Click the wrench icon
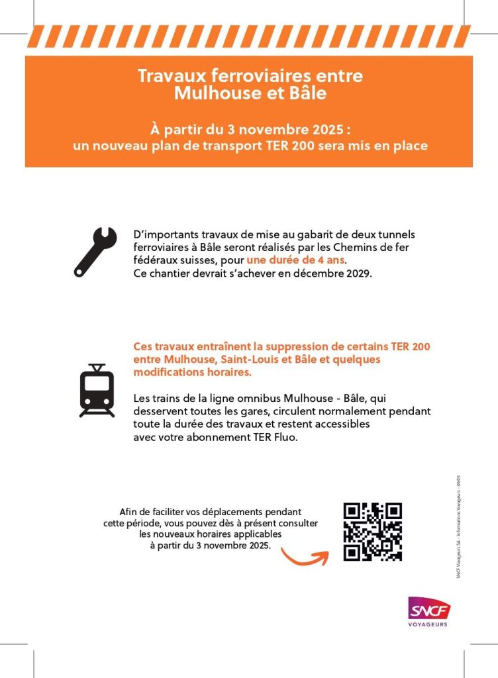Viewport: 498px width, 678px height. pos(95,252)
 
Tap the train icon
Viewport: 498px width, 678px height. pos(97,391)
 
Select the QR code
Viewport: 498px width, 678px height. pos(372,532)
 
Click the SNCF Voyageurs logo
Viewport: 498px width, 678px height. pos(428,611)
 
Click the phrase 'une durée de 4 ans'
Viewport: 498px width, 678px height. pos(295,260)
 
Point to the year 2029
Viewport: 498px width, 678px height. pos(358,273)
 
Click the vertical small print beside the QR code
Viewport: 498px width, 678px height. pos(458,526)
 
